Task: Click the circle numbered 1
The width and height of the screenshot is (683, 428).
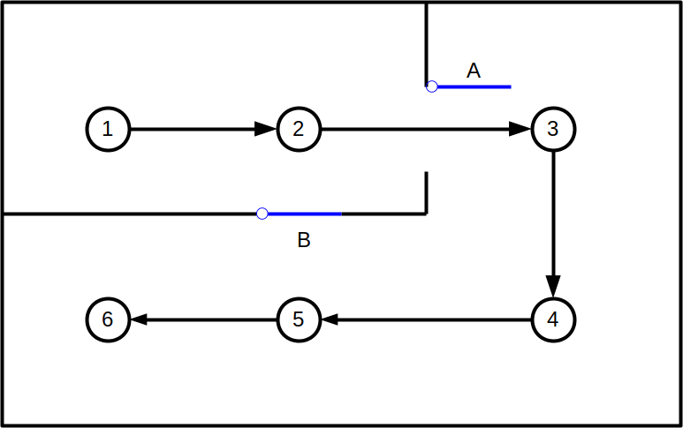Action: click(x=108, y=129)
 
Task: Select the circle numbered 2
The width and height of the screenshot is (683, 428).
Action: click(x=299, y=129)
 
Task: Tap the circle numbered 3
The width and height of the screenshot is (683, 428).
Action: click(x=553, y=129)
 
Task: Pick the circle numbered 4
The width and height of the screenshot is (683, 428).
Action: click(x=553, y=319)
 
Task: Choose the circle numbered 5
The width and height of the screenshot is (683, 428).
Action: click(x=299, y=319)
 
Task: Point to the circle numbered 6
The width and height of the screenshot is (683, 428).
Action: click(x=108, y=319)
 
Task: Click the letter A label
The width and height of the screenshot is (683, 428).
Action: click(x=474, y=71)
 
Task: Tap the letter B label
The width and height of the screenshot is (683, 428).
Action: click(x=303, y=240)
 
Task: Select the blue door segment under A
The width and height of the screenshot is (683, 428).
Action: click(x=474, y=86)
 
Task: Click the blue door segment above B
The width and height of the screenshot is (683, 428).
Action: click(x=304, y=214)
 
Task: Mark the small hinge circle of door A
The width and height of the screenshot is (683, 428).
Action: click(x=432, y=86)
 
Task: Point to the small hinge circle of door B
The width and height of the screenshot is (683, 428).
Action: click(x=262, y=214)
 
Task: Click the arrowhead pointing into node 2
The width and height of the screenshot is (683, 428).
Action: click(x=266, y=129)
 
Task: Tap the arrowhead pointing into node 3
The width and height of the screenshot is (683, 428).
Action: click(x=520, y=129)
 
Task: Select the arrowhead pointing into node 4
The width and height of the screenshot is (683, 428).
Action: click(x=553, y=287)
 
